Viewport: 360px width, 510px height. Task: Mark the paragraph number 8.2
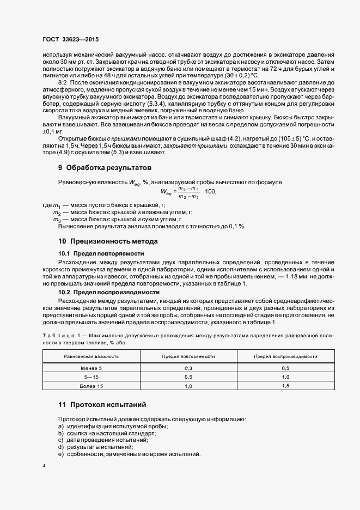click(x=63, y=81)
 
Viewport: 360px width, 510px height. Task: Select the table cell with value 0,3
click(x=188, y=368)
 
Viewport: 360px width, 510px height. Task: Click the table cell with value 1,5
click(x=285, y=386)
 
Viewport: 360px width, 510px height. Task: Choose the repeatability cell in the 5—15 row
click(x=188, y=377)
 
